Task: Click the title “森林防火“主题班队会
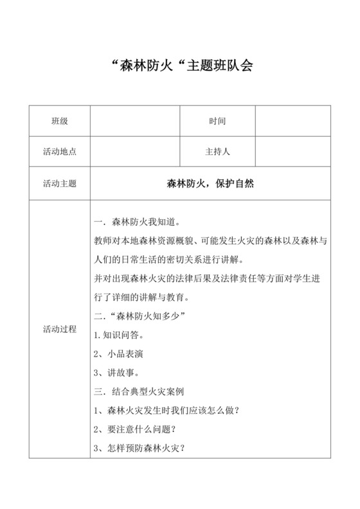[179, 67]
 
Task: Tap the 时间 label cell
[217, 121]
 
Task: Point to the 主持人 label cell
[217, 152]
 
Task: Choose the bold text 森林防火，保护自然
[211, 184]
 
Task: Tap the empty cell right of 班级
[134, 121]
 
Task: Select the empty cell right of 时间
[293, 121]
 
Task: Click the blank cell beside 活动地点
[134, 152]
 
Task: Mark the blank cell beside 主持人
[293, 152]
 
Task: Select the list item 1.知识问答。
[119, 335]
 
